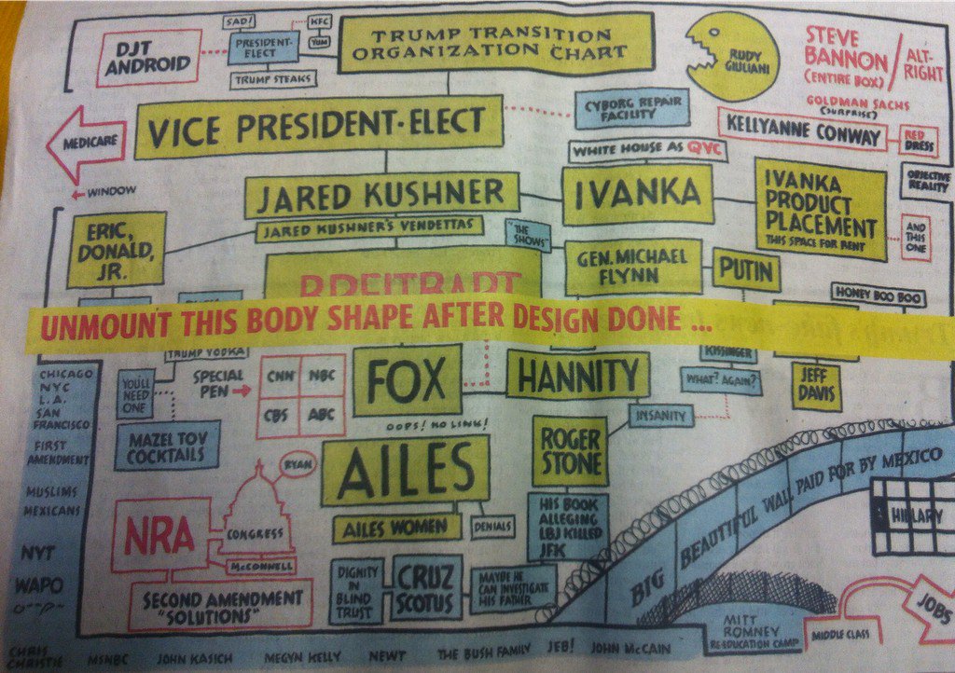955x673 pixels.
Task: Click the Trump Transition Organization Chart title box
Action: tap(494, 42)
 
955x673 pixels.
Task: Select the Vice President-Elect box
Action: tap(319, 126)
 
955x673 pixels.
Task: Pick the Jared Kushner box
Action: tap(381, 195)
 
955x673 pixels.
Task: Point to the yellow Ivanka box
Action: tap(637, 194)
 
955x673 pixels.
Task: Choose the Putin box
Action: tap(746, 269)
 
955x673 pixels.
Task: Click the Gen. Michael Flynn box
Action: tap(632, 266)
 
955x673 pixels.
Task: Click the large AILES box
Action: tap(405, 470)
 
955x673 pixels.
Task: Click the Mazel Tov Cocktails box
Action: tap(167, 445)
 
